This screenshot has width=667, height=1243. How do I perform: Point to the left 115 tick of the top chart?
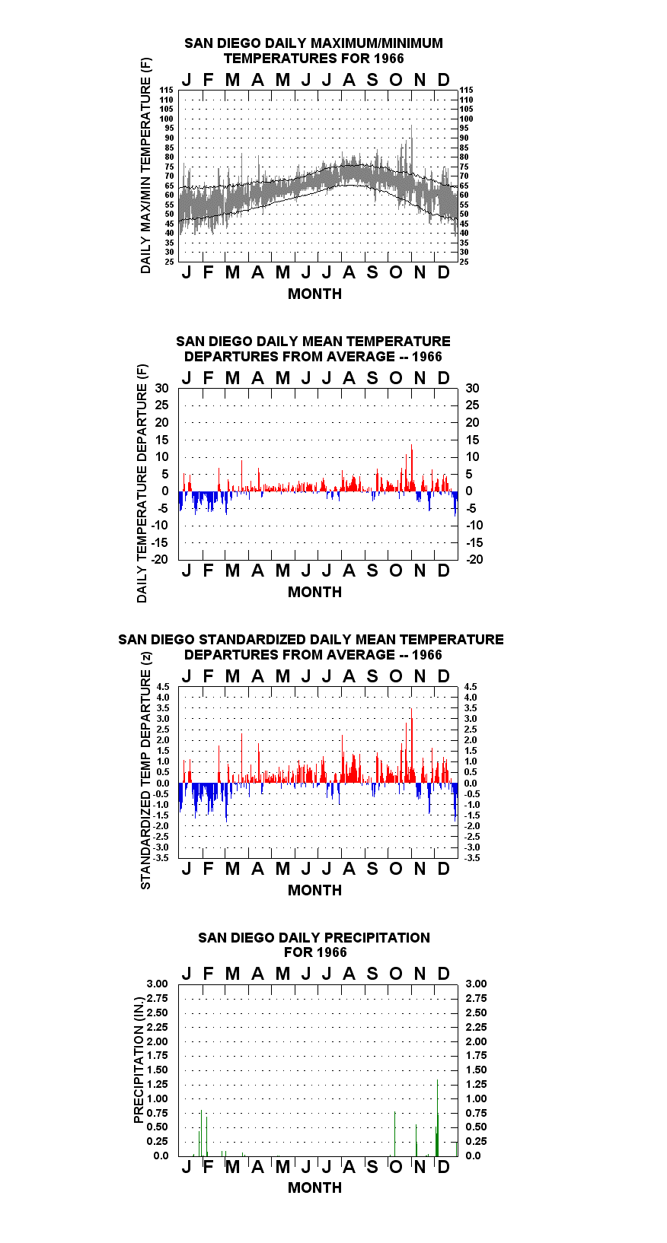(x=167, y=90)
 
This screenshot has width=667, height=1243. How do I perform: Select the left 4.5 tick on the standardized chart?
(x=163, y=687)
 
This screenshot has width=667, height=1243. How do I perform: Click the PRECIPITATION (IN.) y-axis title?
(x=139, y=1060)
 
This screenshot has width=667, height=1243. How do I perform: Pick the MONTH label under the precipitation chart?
(x=315, y=1187)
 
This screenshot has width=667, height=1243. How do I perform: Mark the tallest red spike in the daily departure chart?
(x=411, y=467)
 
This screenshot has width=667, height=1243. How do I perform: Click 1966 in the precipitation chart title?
(x=331, y=952)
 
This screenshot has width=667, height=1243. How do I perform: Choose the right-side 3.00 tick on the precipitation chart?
(x=476, y=984)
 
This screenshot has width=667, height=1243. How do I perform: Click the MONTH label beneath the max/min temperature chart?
(x=315, y=294)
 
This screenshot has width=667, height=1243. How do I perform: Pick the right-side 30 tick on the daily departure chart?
(x=472, y=389)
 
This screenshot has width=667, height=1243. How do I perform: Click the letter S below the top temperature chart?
(x=372, y=272)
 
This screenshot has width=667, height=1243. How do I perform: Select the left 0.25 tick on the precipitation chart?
(x=157, y=1141)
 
